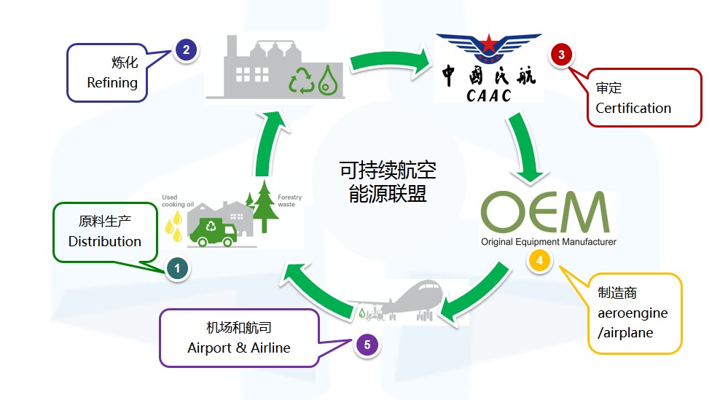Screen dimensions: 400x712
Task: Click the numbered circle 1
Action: pyautogui.click(x=177, y=269)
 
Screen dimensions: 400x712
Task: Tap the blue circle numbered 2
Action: pyautogui.click(x=187, y=50)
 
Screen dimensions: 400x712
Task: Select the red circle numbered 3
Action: pyautogui.click(x=560, y=54)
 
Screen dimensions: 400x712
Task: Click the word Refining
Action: pyautogui.click(x=112, y=82)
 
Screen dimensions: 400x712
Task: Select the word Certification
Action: pyautogui.click(x=633, y=108)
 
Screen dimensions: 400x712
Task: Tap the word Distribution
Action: pyautogui.click(x=104, y=241)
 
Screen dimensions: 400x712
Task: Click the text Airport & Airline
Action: pyautogui.click(x=239, y=348)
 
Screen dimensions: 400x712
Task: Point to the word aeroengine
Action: pyautogui.click(x=632, y=313)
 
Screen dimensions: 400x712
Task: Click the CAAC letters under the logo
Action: pyautogui.click(x=489, y=94)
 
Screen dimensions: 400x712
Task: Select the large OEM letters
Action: pyautogui.click(x=545, y=211)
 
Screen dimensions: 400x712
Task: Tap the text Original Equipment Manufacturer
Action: pyautogui.click(x=548, y=241)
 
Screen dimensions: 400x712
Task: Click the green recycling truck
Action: pyautogui.click(x=213, y=232)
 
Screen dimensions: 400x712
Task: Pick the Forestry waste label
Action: pyautogui.click(x=289, y=201)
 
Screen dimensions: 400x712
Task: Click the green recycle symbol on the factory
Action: pyautogui.click(x=301, y=79)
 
